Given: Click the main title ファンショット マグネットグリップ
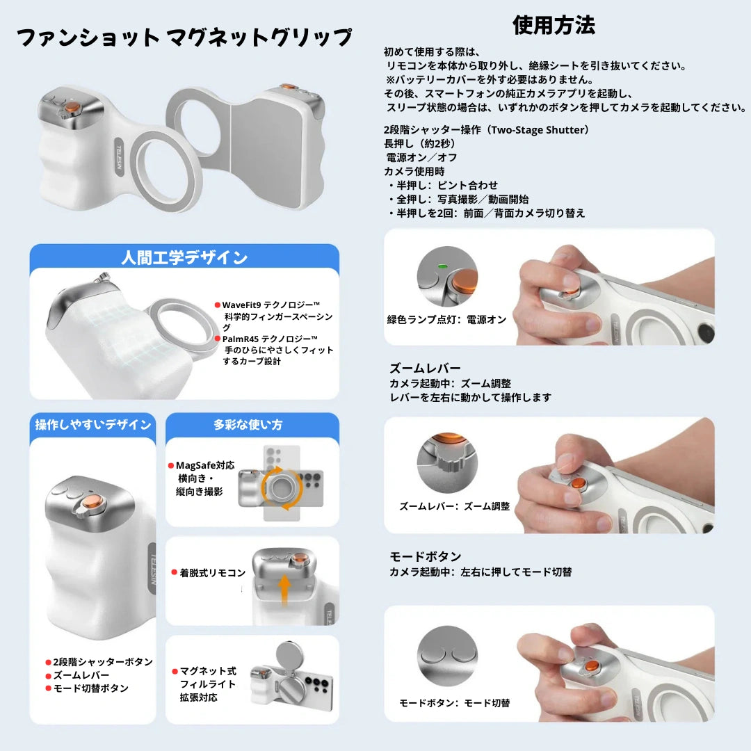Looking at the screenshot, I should [184, 38].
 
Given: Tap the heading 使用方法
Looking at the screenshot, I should [554, 26].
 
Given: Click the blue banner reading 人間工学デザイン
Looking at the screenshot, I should [184, 258].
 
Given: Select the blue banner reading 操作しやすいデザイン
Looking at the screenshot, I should [93, 425].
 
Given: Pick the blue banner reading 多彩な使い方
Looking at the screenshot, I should [252, 425].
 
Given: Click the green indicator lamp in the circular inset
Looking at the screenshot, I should [440, 265].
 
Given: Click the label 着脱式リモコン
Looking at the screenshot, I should [213, 573].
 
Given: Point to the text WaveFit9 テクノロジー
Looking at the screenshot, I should [270, 305].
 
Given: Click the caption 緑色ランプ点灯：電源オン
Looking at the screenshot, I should [447, 320].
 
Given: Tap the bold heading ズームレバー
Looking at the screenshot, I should [425, 369].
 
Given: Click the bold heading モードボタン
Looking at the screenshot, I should [425, 557].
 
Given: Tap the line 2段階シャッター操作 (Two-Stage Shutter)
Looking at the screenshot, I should [487, 130].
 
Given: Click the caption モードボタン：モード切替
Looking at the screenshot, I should [454, 703].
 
